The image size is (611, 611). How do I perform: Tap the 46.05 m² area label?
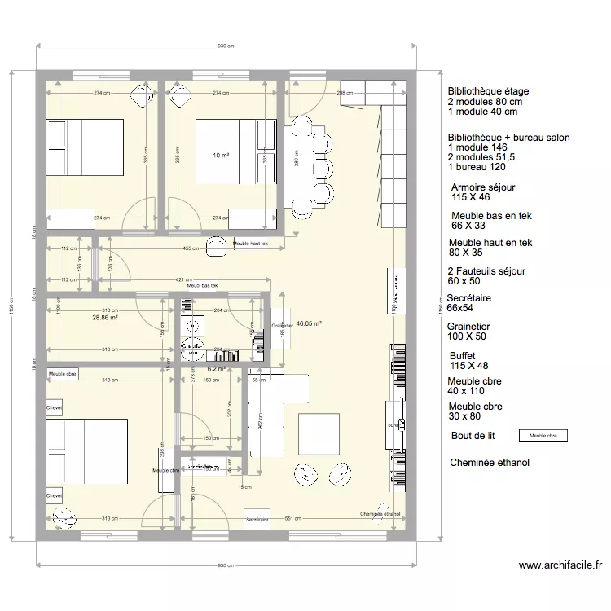[309, 323]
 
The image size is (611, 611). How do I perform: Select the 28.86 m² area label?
[106, 318]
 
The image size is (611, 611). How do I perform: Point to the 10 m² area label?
[221, 155]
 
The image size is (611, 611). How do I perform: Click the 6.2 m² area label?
[193, 368]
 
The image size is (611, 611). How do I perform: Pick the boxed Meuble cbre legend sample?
[543, 436]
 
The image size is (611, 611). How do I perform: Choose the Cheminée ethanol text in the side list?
[489, 463]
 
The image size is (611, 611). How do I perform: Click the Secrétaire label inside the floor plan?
[257, 519]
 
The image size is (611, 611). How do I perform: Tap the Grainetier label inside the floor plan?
[280, 326]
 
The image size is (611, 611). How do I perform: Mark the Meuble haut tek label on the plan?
[251, 244]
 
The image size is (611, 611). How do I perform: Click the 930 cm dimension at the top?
[226, 46]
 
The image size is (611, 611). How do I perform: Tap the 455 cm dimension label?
[191, 248]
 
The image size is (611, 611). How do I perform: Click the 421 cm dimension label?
[180, 279]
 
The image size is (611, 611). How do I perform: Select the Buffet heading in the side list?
[462, 356]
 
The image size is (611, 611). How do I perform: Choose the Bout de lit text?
[473, 436]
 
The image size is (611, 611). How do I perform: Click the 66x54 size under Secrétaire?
[460, 309]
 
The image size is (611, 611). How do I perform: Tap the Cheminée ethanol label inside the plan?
[380, 514]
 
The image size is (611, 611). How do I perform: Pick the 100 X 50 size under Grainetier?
[467, 336]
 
